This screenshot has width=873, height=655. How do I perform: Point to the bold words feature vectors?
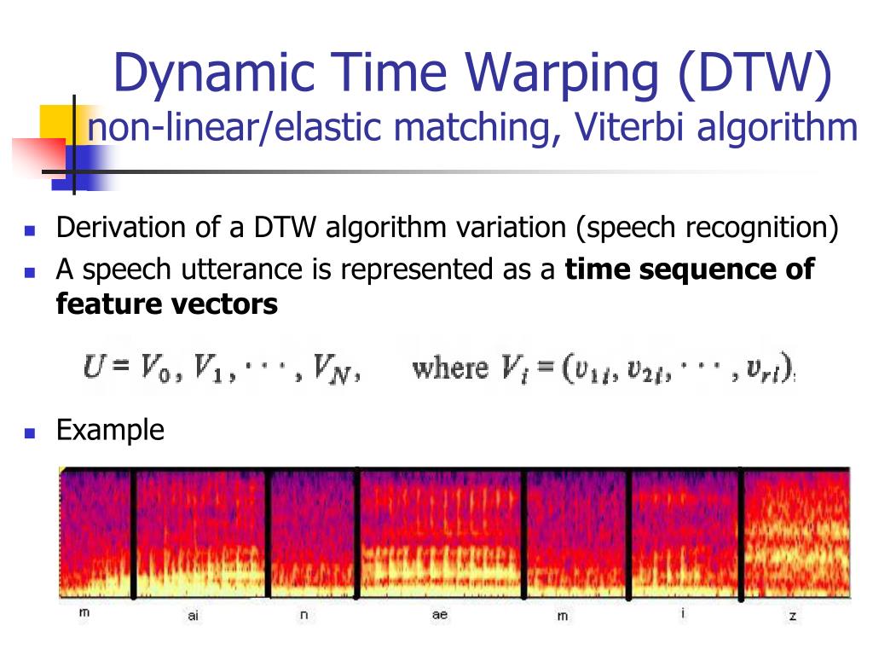(x=167, y=304)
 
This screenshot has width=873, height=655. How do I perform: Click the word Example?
(x=110, y=430)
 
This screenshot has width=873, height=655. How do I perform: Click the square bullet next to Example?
(x=30, y=432)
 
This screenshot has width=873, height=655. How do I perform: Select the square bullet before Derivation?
(x=30, y=230)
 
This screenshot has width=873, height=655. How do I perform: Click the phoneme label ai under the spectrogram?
(x=194, y=616)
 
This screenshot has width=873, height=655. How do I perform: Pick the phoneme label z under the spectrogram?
(x=793, y=616)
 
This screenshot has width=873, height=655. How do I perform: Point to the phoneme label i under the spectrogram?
(x=683, y=612)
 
